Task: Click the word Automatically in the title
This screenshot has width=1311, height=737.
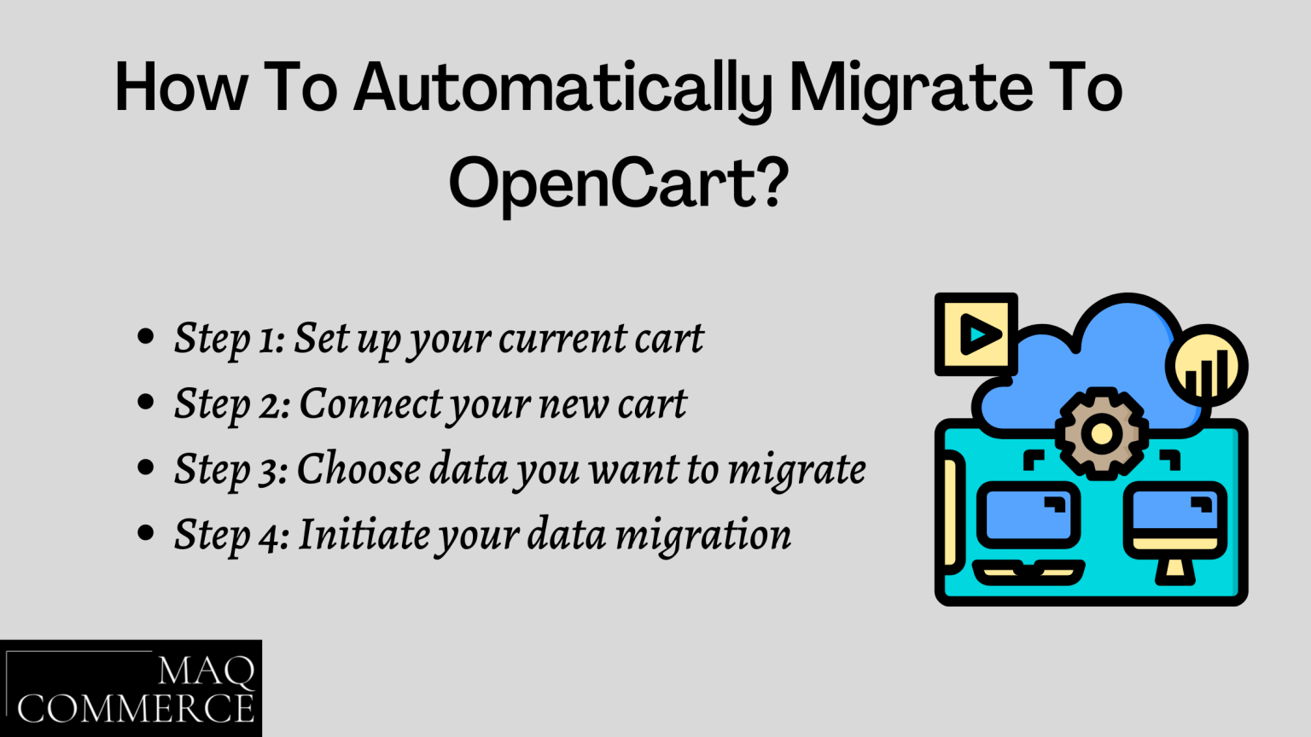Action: (563, 88)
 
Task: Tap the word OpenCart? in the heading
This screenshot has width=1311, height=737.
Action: (619, 183)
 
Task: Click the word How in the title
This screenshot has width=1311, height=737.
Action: (182, 88)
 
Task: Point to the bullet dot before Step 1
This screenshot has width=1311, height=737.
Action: (146, 336)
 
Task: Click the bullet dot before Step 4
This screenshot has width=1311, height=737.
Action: (146, 533)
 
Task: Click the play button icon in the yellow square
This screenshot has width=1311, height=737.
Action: (976, 334)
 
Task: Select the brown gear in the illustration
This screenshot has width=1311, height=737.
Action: (1101, 432)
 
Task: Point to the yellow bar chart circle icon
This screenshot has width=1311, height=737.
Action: (1207, 368)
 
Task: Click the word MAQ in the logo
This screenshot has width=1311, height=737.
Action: (207, 672)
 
